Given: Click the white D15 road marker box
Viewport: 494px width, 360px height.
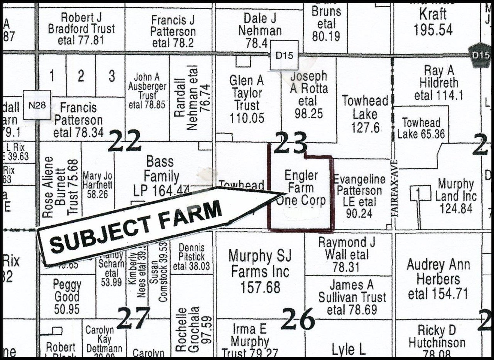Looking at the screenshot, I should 284,56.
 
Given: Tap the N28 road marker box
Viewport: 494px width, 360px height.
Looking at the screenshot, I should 37,105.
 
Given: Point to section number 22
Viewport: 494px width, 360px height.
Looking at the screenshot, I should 124,141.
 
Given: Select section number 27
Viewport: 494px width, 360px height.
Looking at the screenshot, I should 133,318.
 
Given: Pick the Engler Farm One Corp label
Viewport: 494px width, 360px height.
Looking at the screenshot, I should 301,188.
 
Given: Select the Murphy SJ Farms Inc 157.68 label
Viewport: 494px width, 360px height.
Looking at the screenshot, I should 260,272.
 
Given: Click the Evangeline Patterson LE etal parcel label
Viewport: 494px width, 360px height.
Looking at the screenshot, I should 359,197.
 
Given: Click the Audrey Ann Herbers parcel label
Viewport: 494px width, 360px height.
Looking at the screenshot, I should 438,279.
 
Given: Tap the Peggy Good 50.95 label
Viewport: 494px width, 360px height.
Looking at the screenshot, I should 67,297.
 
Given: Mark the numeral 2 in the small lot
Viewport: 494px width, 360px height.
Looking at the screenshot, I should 81,76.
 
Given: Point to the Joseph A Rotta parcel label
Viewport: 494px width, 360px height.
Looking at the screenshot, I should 309,95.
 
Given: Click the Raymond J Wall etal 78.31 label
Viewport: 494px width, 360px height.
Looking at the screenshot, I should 346,255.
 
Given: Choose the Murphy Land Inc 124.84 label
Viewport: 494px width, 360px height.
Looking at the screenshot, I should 456,196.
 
